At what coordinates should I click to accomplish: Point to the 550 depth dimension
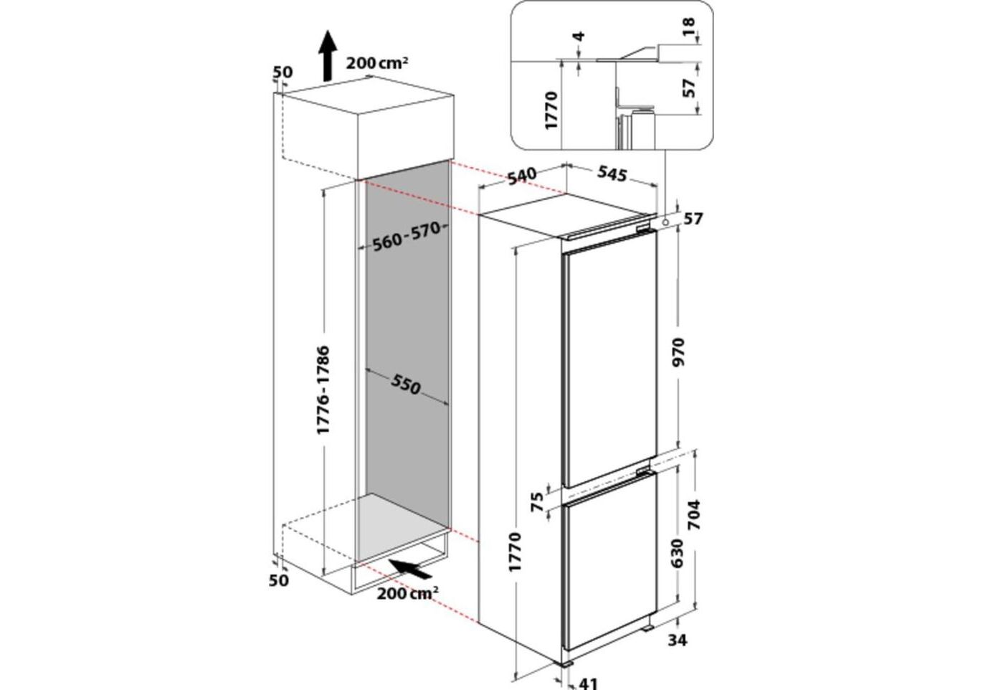[406, 385]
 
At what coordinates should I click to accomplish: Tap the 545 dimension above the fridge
[611, 174]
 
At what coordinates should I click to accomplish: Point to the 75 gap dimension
[536, 502]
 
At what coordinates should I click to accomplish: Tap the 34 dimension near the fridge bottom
[677, 640]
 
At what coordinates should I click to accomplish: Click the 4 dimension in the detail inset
[579, 35]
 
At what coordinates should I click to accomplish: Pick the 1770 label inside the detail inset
[551, 109]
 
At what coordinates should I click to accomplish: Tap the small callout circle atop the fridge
[668, 222]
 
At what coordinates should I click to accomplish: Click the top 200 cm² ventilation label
[377, 63]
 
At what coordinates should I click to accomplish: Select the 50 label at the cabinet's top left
[282, 72]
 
